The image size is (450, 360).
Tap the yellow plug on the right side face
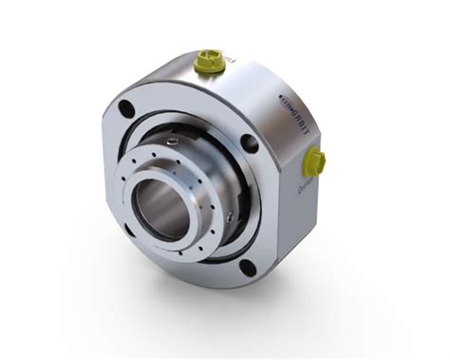click(315, 162)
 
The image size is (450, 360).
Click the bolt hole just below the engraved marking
click(249, 143)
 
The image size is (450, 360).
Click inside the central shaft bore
click(158, 205)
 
